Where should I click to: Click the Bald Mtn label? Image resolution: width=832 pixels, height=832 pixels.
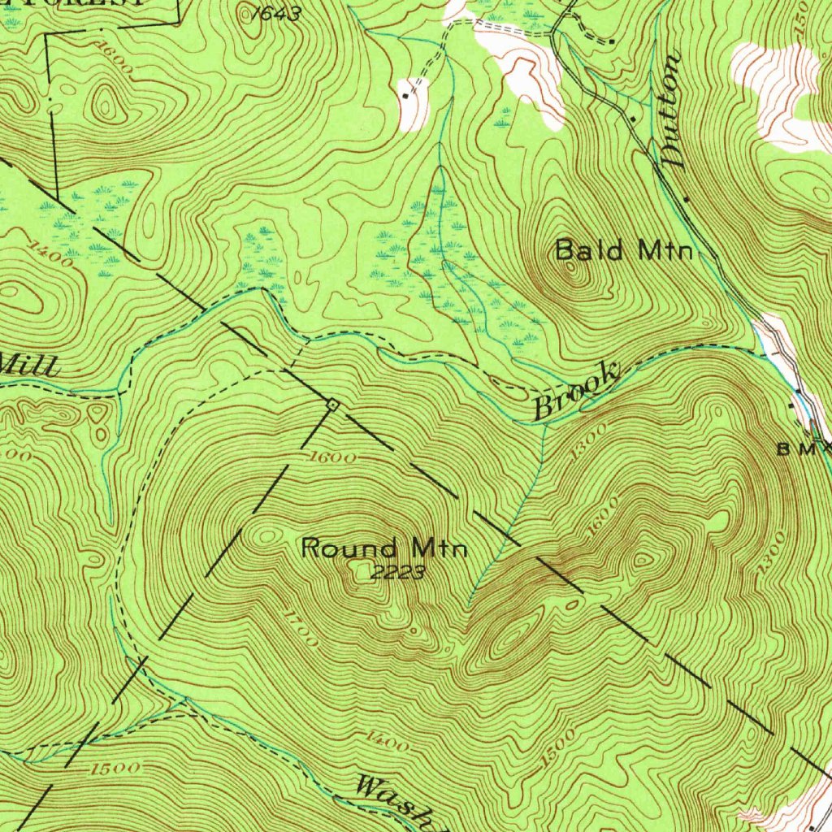click(x=624, y=250)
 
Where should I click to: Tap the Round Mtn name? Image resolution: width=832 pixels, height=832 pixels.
click(x=384, y=548)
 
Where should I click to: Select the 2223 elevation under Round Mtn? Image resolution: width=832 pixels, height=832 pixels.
click(x=398, y=574)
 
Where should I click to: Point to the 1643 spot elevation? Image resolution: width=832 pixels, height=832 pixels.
click(x=275, y=13)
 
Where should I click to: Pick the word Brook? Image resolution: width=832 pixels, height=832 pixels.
click(x=575, y=392)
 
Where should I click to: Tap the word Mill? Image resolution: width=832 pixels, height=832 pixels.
click(x=29, y=365)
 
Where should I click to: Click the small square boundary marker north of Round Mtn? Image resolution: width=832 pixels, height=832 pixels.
click(x=331, y=403)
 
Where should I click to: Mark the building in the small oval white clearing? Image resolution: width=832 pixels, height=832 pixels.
click(x=406, y=96)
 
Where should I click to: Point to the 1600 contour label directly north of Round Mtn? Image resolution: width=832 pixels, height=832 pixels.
click(x=333, y=458)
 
